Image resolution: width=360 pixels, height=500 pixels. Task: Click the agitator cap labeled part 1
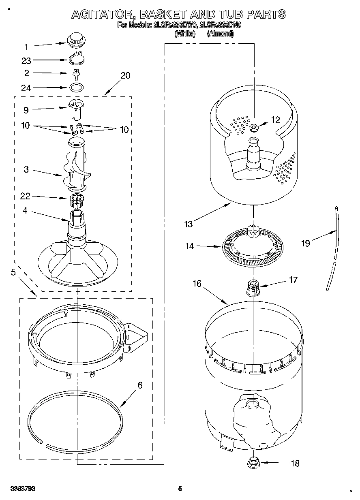(75, 40)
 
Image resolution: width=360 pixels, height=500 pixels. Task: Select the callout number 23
(26, 61)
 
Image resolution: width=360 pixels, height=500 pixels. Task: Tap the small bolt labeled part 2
(75, 74)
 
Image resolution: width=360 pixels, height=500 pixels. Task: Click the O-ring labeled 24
(75, 87)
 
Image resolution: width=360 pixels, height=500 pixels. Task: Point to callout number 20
(125, 76)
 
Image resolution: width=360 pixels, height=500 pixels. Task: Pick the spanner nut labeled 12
(254, 128)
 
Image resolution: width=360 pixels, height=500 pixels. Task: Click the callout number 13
(188, 224)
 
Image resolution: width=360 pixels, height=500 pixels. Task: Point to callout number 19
(306, 243)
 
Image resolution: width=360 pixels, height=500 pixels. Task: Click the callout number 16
(197, 284)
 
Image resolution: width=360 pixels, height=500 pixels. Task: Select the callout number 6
(139, 385)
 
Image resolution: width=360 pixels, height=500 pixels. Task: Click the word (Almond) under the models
(220, 34)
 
